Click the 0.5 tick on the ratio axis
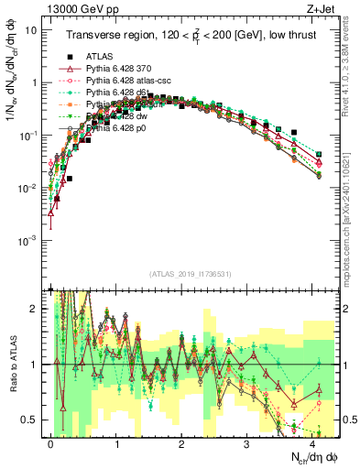point(30,420)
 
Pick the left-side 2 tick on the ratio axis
point(34,309)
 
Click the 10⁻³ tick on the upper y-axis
point(27,240)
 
